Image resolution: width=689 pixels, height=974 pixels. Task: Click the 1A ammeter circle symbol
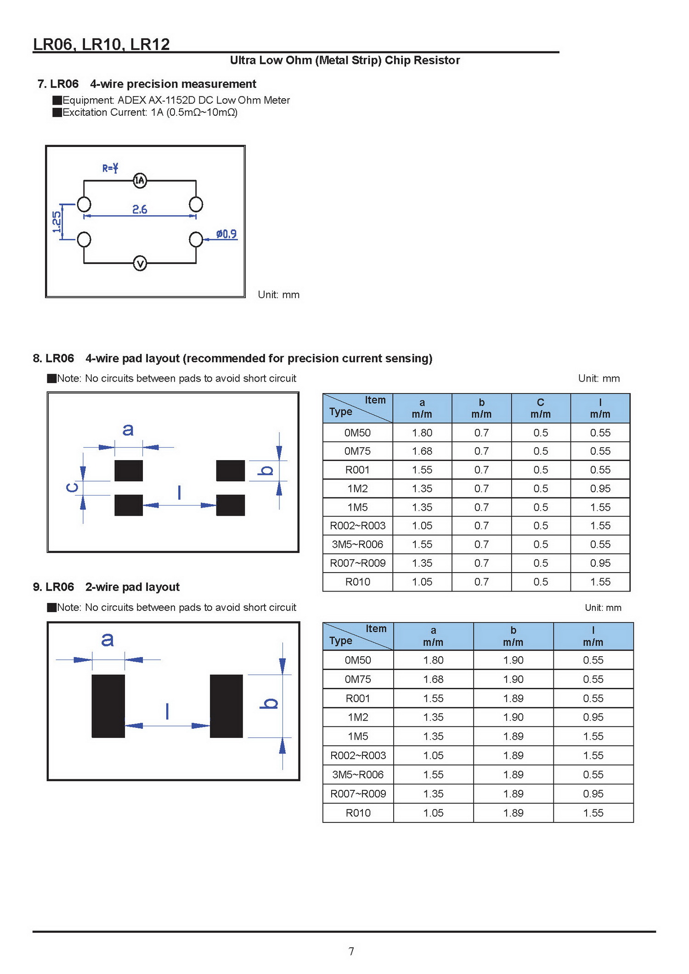140,180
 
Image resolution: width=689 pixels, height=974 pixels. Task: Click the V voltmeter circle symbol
140,264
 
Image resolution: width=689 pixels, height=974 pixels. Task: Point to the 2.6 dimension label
140,209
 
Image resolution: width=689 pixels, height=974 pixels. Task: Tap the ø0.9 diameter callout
226,234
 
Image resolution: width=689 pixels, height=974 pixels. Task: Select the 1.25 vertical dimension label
56,222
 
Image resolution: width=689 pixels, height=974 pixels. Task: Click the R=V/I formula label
110,168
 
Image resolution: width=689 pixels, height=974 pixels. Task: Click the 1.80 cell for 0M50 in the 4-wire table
422,433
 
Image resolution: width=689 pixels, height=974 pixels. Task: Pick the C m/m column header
541,408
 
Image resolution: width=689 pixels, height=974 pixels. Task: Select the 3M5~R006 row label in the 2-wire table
358,775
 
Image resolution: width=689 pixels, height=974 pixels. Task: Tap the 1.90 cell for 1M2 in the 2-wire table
513,717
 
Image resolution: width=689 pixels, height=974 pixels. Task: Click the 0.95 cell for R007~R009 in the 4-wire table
600,563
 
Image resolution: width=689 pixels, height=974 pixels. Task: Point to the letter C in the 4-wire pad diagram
72,487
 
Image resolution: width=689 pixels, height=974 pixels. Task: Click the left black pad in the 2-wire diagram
108,706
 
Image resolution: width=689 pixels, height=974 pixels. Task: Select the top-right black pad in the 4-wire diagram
231,471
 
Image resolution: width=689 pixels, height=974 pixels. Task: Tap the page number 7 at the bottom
351,951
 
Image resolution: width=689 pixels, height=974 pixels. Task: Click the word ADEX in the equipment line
132,100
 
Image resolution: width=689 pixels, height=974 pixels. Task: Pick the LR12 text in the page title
150,44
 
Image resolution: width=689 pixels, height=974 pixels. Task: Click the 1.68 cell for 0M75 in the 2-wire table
433,679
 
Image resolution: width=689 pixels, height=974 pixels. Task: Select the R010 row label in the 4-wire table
358,582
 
